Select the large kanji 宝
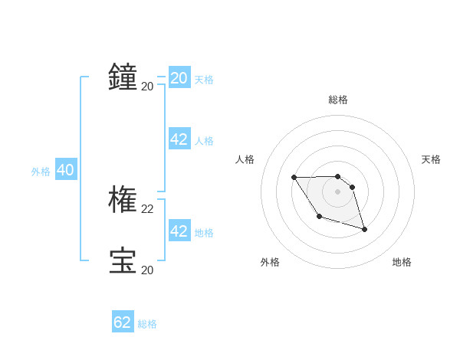pos(123,260)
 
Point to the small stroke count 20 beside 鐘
pos(147,86)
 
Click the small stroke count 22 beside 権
pos(147,208)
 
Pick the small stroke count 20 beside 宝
pos(147,270)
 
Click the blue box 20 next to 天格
pos(179,77)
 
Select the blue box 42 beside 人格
pos(179,139)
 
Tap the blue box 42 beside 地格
pos(179,231)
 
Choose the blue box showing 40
pos(65,170)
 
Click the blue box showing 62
pos(123,322)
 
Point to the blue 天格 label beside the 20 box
pos(204,80)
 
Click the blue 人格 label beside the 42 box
pos(204,141)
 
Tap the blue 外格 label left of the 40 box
pos(41,172)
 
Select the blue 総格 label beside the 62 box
pos(147,325)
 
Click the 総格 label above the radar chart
pos(338,100)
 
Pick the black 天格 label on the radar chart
pos(431,159)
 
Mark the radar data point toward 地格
pos(364,229)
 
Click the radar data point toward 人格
pos(294,178)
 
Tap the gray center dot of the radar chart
pos(338,191)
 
